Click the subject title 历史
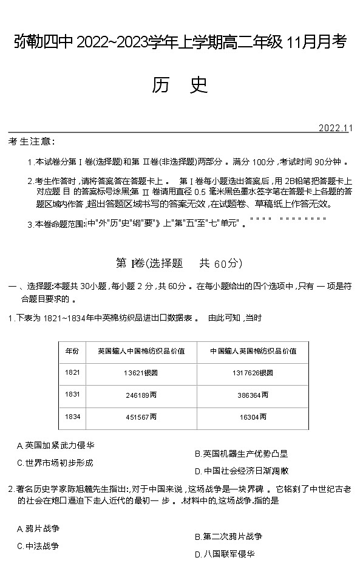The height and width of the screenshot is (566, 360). point(180,86)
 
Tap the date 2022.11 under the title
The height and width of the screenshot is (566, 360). point(335,128)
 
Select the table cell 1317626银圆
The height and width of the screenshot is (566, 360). point(253,372)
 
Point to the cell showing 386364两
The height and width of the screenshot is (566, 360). point(253,395)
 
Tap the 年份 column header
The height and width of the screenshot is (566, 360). point(72,350)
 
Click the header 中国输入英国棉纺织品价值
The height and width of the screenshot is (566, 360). point(253,350)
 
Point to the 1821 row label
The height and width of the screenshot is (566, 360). point(72,372)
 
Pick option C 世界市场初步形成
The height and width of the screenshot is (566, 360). point(55,463)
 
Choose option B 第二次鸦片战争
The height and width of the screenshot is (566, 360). point(228,537)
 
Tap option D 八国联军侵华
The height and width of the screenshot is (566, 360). point(224,554)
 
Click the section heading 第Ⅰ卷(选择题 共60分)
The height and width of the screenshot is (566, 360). point(178,263)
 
